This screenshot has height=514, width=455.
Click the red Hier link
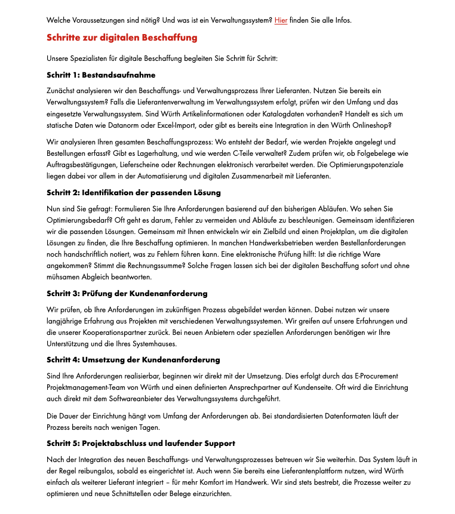[281, 20]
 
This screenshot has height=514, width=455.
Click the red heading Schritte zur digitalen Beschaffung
[122, 38]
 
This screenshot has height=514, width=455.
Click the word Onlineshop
[373, 125]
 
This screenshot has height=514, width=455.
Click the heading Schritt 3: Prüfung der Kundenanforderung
[127, 294]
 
